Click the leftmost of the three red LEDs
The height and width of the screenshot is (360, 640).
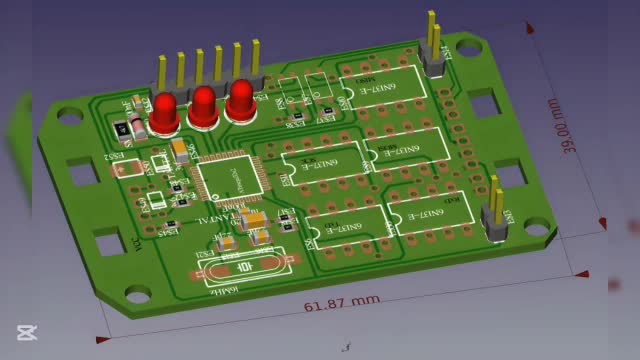(165, 112)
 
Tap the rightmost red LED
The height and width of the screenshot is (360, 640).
(240, 101)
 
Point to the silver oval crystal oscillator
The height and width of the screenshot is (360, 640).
(240, 267)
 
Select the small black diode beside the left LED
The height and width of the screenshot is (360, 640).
(121, 127)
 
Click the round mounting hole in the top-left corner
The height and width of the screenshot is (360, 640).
(70, 116)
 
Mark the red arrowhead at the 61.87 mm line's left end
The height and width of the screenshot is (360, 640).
(100, 339)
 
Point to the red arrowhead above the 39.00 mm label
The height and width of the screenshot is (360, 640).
(549, 44)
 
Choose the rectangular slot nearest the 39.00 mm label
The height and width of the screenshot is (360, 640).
(483, 103)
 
